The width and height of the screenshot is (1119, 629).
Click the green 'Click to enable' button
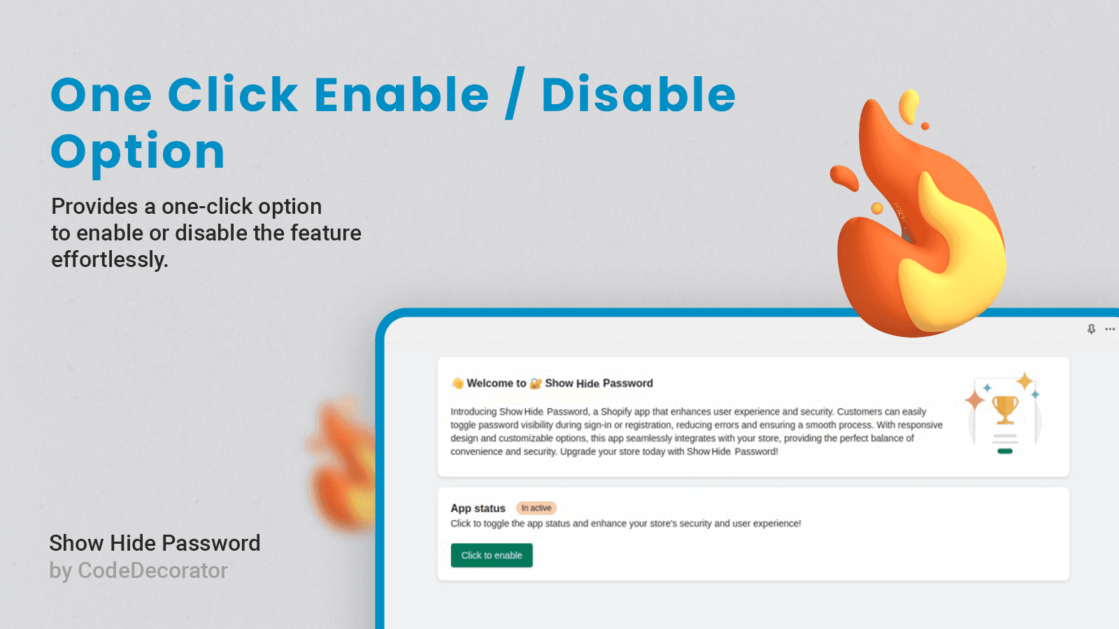(492, 555)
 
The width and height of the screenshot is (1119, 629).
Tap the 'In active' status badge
(536, 507)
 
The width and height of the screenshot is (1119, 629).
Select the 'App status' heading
(478, 508)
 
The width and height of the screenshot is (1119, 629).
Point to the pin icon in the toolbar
(1091, 329)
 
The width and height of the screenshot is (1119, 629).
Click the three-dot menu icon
(1109, 329)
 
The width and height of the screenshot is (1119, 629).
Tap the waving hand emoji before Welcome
(457, 384)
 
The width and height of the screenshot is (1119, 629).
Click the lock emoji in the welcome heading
(536, 384)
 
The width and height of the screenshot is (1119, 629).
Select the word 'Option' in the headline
(138, 152)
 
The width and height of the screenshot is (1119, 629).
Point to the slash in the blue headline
(515, 93)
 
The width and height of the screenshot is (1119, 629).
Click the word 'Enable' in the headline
(401, 94)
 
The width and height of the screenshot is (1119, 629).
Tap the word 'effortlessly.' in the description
(110, 260)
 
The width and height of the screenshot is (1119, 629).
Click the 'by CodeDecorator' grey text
(138, 570)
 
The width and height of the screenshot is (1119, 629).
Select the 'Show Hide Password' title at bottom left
(155, 543)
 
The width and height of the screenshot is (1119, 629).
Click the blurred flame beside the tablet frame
(343, 464)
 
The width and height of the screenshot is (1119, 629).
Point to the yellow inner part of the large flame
(952, 259)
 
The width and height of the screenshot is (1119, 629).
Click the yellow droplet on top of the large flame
(908, 106)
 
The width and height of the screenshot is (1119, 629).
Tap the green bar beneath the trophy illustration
(1004, 451)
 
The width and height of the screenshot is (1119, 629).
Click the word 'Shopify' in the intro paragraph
(616, 412)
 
